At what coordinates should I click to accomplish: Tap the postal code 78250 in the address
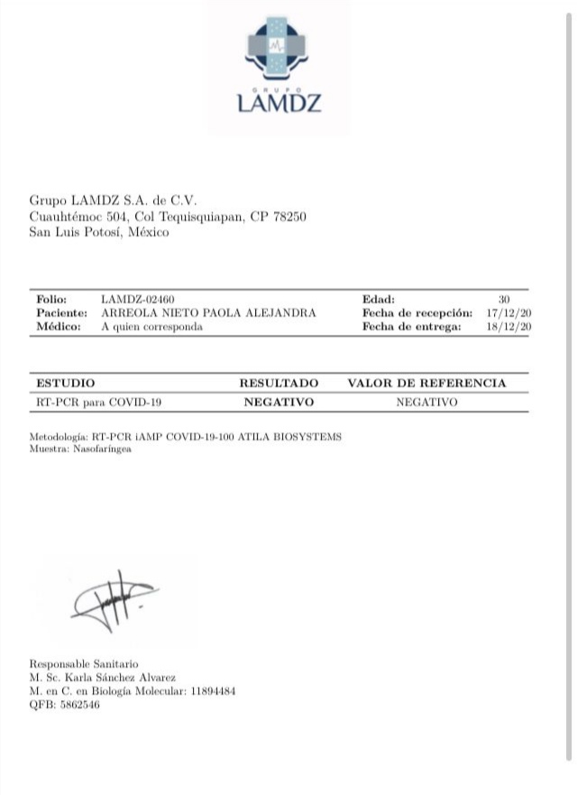pyautogui.click(x=289, y=217)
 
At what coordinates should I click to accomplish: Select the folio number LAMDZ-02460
pyautogui.click(x=138, y=299)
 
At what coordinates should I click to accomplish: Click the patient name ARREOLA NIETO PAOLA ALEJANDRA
pyautogui.click(x=208, y=312)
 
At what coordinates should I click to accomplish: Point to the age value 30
pyautogui.click(x=504, y=299)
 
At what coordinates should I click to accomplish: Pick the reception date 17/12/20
pyautogui.click(x=514, y=312)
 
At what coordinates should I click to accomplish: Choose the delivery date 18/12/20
pyautogui.click(x=514, y=327)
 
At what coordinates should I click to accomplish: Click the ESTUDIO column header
pyautogui.click(x=65, y=384)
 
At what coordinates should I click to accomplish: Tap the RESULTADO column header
pyautogui.click(x=279, y=384)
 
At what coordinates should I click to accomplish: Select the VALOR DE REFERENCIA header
pyautogui.click(x=426, y=384)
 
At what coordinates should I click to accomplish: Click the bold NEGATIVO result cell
pyautogui.click(x=279, y=402)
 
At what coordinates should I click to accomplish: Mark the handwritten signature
pyautogui.click(x=113, y=600)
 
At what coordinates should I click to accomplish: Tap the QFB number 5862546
pyautogui.click(x=77, y=705)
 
